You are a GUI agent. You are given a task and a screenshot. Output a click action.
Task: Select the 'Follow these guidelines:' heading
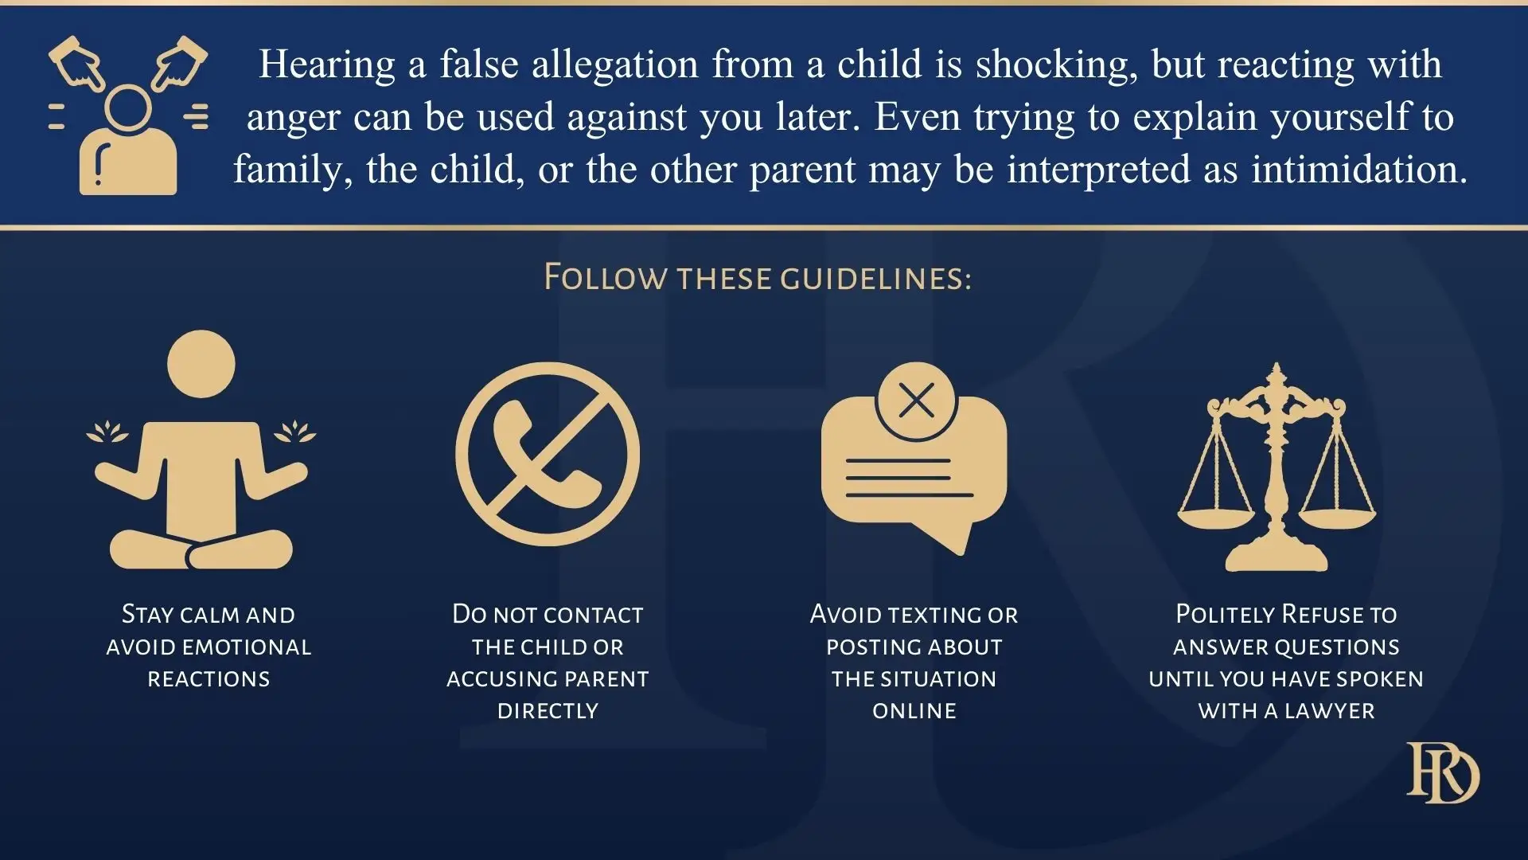pos(758,278)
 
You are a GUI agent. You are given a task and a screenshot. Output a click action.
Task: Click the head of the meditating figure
pos(201,364)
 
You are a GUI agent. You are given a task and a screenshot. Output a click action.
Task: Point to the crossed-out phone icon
pos(548,454)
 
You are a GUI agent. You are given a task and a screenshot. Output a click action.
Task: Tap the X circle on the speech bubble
pos(916,401)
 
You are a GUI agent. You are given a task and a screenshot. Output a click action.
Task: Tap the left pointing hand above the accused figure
pos(77,62)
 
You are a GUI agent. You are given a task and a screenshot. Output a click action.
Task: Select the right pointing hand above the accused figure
pos(179,62)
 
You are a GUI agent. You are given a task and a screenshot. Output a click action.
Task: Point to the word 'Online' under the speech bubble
pos(914,711)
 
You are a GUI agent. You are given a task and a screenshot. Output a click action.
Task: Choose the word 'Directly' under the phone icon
pos(548,711)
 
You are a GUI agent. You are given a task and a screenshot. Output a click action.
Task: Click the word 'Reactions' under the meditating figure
pos(209,679)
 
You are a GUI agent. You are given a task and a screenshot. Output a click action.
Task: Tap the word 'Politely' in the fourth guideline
pos(1226,615)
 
